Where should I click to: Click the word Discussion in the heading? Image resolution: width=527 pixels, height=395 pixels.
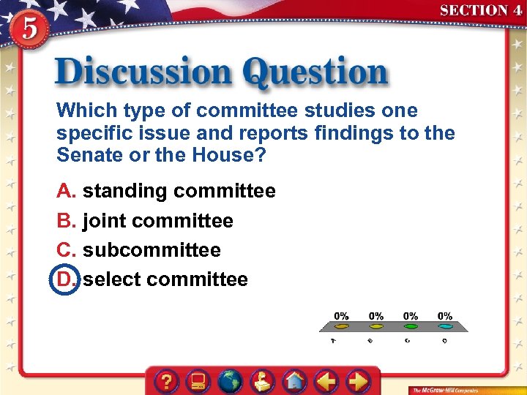pyautogui.click(x=143, y=73)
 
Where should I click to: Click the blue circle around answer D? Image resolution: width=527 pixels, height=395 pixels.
pyautogui.click(x=64, y=279)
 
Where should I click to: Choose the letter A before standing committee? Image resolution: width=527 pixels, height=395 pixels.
pyautogui.click(x=66, y=192)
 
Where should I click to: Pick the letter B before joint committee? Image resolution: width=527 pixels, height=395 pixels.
pyautogui.click(x=66, y=221)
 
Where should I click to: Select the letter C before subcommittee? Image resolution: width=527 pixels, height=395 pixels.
pyautogui.click(x=66, y=250)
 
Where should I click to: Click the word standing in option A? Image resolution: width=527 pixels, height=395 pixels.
pyautogui.click(x=125, y=192)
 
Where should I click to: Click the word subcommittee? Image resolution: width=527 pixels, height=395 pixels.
pyautogui.click(x=152, y=250)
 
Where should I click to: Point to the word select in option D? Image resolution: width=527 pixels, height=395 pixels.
pyautogui.click(x=112, y=279)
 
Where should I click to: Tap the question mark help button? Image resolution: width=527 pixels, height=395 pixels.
pyautogui.click(x=168, y=381)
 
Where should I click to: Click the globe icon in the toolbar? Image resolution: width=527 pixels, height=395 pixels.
pyautogui.click(x=231, y=381)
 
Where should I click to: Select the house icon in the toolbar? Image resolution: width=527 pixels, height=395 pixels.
pyautogui.click(x=295, y=381)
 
